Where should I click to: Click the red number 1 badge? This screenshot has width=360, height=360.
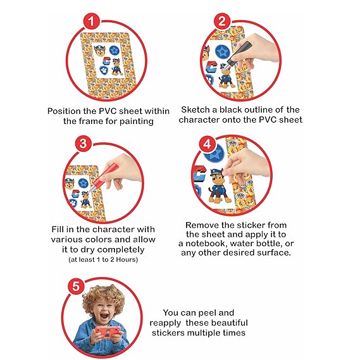tap(91, 22)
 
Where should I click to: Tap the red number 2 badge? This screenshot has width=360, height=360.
tap(222, 22)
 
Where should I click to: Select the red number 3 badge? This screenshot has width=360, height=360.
tap(84, 143)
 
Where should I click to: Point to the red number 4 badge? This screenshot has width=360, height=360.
tap(208, 144)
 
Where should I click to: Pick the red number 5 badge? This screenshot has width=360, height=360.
tap(76, 287)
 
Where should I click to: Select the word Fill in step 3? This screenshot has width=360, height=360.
tap(58, 229)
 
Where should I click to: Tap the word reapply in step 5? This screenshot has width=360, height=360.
tap(165, 323)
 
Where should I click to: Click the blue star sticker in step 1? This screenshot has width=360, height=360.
tap(114, 50)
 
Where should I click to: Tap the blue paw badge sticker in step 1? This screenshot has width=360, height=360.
tap(104, 70)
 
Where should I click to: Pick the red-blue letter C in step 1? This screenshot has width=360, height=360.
tap(107, 61)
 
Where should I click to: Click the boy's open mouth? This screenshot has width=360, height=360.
tap(104, 316)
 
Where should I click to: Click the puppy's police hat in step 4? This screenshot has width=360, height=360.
tap(217, 171)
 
